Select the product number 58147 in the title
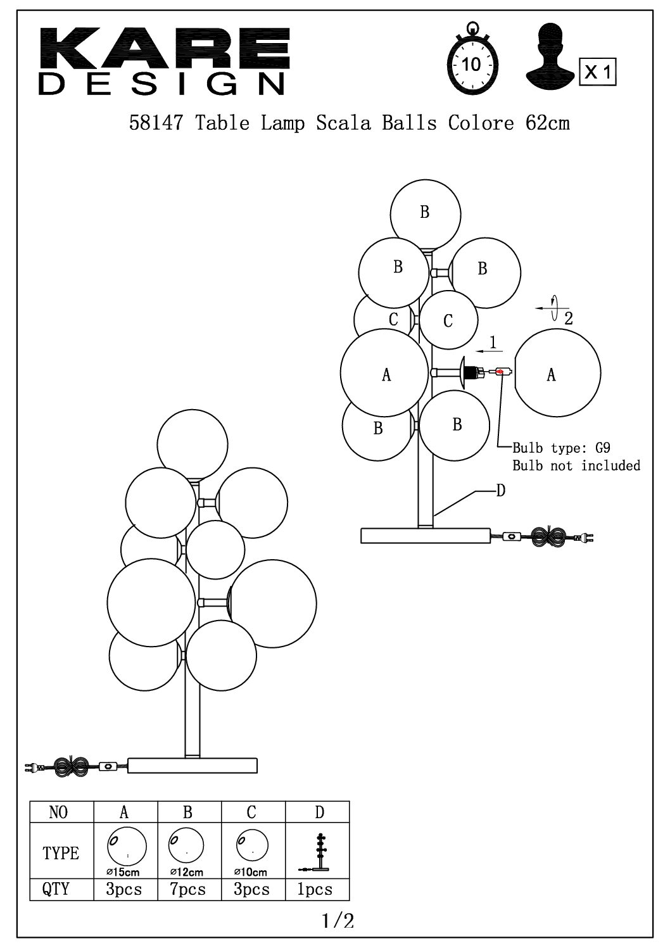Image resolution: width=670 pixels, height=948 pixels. (x=156, y=123)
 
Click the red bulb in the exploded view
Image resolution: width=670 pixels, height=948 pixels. (x=500, y=372)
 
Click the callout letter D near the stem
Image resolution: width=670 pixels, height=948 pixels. (x=501, y=491)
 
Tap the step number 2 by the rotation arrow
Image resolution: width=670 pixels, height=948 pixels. (x=569, y=319)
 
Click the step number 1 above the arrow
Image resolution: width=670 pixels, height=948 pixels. (x=492, y=342)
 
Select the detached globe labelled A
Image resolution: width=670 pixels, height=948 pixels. (x=557, y=373)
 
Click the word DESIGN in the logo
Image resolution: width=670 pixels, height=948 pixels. (x=161, y=84)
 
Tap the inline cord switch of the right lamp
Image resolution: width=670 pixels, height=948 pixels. (x=512, y=537)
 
